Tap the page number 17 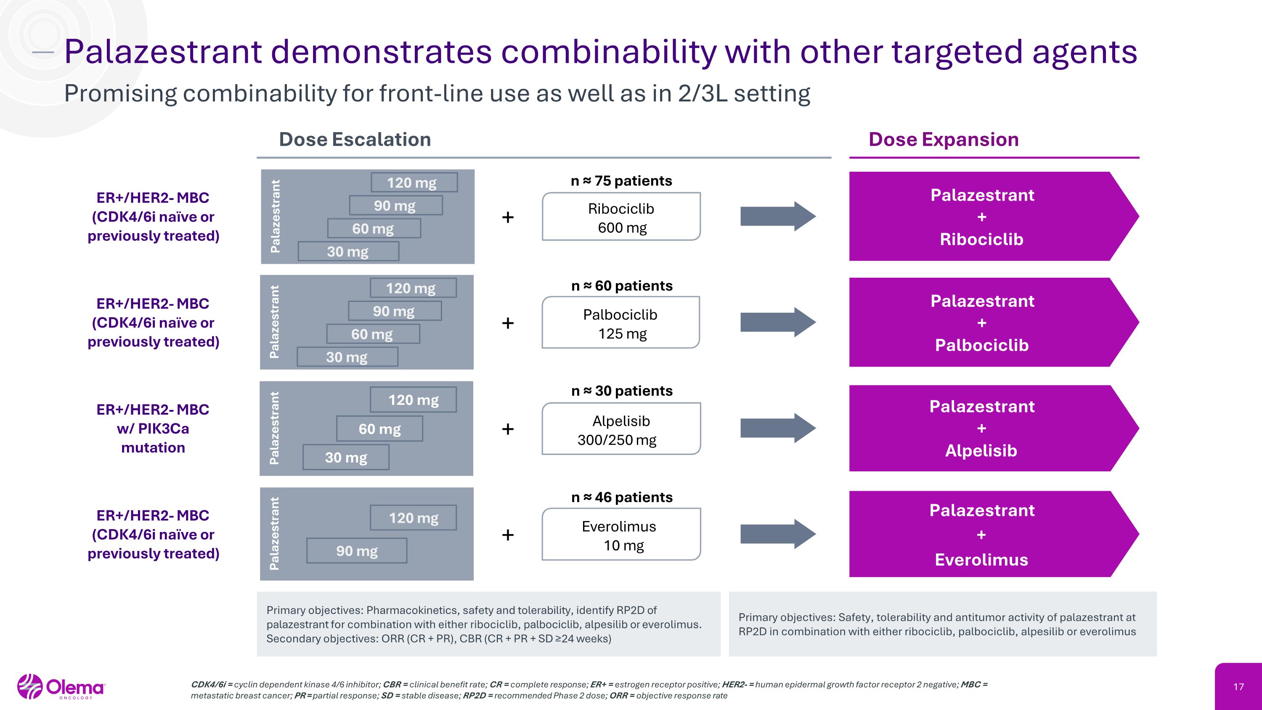[x=1238, y=687]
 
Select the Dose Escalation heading [x=355, y=140]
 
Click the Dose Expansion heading [x=944, y=140]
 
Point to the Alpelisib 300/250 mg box [x=621, y=429]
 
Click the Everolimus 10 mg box [x=621, y=534]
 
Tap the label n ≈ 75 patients [x=621, y=181]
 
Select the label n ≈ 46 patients [x=622, y=497]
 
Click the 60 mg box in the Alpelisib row [x=380, y=429]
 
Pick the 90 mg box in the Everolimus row [x=357, y=551]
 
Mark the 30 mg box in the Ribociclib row [x=348, y=251]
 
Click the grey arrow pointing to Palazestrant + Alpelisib [x=777, y=428]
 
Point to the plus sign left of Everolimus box [x=508, y=534]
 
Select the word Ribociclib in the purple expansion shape [x=981, y=239]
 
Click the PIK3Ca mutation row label [x=153, y=428]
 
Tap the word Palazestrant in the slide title [x=163, y=51]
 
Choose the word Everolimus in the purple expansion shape [x=981, y=560]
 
